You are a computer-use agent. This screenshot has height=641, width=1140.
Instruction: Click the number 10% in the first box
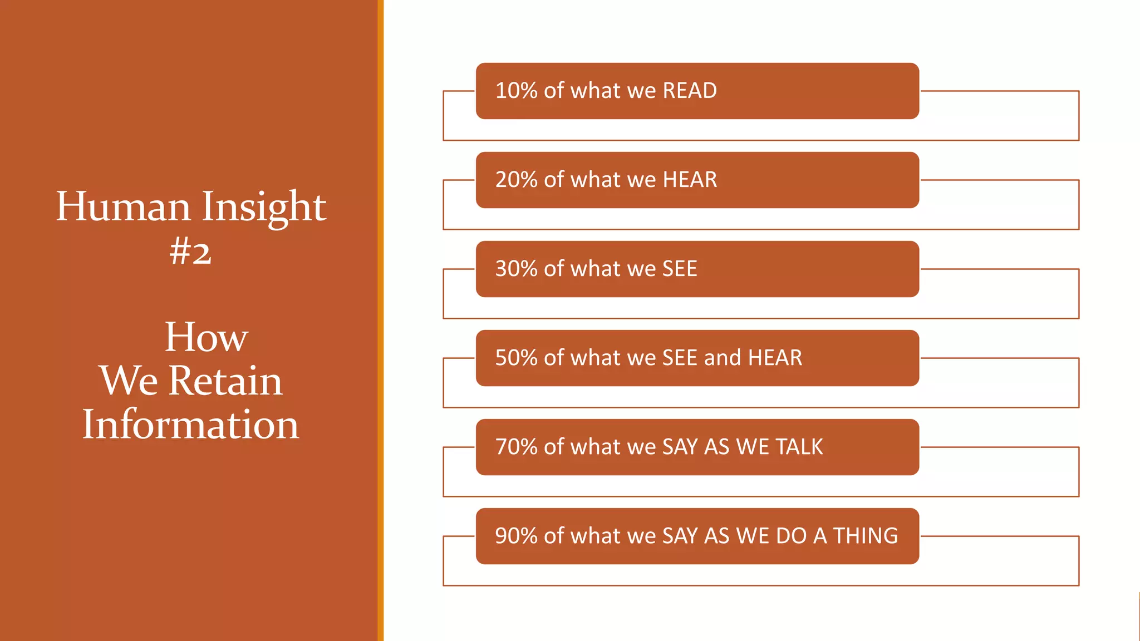(x=516, y=91)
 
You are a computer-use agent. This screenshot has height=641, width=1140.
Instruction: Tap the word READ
(x=690, y=91)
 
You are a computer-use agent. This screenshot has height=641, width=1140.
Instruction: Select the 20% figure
(x=516, y=180)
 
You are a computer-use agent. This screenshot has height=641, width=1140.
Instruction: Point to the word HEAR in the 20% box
(x=690, y=180)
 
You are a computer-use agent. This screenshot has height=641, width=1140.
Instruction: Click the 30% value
(x=516, y=269)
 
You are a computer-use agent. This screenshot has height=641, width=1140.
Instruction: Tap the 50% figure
(x=516, y=358)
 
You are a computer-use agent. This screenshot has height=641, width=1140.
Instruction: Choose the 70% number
(x=516, y=447)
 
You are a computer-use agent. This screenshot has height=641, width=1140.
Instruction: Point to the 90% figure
(x=516, y=536)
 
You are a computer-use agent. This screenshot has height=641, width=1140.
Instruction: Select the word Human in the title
(x=123, y=207)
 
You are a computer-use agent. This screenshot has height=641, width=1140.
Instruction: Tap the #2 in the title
(x=190, y=252)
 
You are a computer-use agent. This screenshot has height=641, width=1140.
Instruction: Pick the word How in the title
(x=206, y=337)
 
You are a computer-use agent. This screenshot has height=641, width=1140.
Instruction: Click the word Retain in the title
(x=225, y=381)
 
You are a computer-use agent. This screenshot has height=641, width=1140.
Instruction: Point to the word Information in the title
(x=190, y=425)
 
